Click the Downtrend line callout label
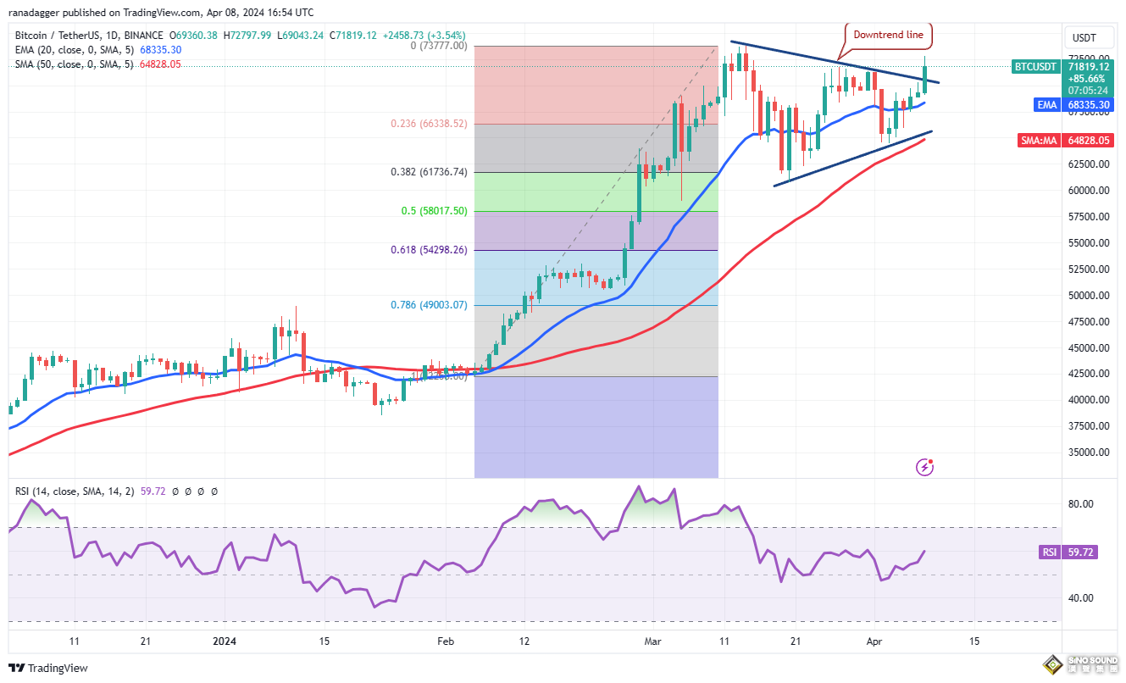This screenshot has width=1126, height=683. [x=888, y=36]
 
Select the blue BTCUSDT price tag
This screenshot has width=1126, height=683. [x=1036, y=66]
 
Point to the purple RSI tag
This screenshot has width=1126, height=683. [x=1049, y=553]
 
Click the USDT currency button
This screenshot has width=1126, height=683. [x=1084, y=38]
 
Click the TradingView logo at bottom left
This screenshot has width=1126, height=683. [x=49, y=669]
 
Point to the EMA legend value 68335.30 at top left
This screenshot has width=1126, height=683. [x=158, y=50]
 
